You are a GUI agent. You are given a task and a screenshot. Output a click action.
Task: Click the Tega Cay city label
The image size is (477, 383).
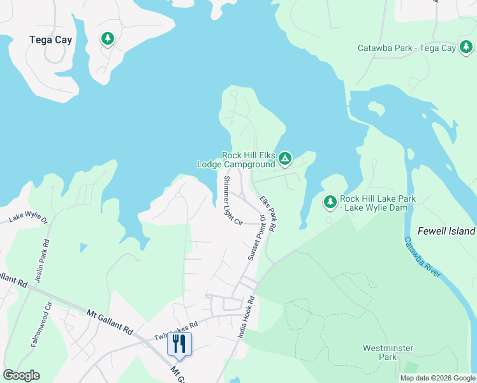click(x=50, y=40)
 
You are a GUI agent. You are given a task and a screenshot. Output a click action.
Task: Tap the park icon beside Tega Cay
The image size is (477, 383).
click(x=108, y=39)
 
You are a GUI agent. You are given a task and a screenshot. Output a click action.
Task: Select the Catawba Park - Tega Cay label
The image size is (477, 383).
click(x=406, y=48)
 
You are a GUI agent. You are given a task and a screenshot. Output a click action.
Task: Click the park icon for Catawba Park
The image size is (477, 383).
click(x=466, y=47)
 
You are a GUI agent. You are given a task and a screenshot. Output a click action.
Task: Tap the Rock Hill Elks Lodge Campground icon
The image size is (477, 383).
click(x=284, y=157)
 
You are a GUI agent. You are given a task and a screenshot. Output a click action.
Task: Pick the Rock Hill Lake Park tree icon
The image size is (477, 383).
click(x=330, y=202)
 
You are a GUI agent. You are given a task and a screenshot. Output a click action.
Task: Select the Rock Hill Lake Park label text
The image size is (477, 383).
click(x=378, y=203)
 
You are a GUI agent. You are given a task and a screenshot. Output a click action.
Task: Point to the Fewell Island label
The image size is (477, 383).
click(x=446, y=231)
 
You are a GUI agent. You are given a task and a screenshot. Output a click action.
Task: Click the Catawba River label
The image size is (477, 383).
click(x=422, y=258)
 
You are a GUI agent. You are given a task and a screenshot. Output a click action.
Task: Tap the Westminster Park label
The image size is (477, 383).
click(x=388, y=352)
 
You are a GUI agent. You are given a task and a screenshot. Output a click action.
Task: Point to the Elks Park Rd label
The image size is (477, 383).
click(x=267, y=214)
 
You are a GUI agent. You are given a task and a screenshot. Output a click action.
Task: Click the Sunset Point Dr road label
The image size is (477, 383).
click(x=256, y=237)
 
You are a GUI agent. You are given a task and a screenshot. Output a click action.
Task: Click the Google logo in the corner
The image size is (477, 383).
click(x=21, y=375)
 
